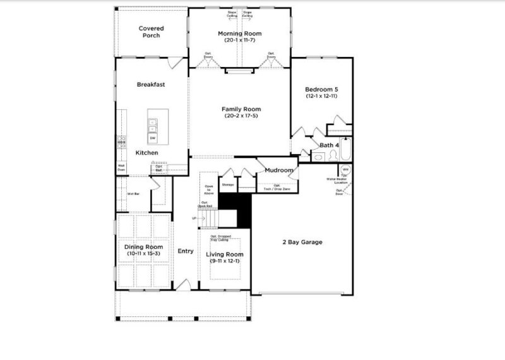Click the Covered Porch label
click(151, 32)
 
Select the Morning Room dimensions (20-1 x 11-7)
click(239, 40)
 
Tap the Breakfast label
click(151, 85)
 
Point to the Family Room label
click(239, 109)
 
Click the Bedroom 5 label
click(322, 89)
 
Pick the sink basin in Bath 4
click(319, 157)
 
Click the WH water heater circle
click(345, 169)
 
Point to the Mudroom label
click(278, 171)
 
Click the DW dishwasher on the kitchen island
click(153, 137)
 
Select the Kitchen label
click(147, 153)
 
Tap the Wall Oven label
click(121, 168)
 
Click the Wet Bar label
click(133, 194)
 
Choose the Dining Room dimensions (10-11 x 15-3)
click(143, 253)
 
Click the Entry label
click(186, 251)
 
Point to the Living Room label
click(225, 255)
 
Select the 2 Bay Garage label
click(302, 243)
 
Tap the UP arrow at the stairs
click(195, 219)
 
